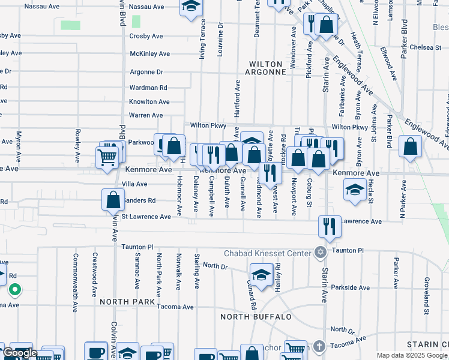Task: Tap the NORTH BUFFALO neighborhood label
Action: (256, 316)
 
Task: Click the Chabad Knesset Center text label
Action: (267, 252)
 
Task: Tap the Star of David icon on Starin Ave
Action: (320, 253)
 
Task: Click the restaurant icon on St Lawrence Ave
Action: (329, 226)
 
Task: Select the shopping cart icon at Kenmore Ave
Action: (107, 158)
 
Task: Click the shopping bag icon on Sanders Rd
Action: (113, 199)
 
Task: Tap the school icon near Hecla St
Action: (355, 190)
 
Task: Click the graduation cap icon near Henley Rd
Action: (262, 275)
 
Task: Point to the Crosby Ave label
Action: (146, 36)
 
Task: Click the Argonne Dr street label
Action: (146, 72)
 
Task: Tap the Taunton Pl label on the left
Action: (137, 247)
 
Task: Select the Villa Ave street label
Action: (134, 184)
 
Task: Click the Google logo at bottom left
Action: (20, 353)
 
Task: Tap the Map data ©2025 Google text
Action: (412, 355)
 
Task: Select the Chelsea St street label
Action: (426, 47)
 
